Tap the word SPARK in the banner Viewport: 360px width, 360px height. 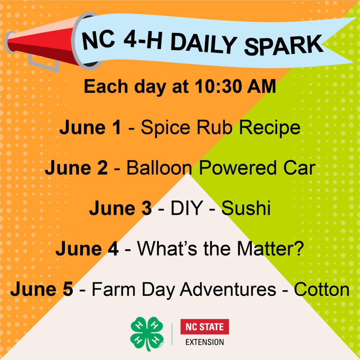[284, 46]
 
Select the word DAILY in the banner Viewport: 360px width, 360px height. [204, 44]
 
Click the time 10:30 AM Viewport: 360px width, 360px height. [235, 86]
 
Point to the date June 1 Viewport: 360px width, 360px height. [90, 127]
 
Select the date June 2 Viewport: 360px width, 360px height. [76, 168]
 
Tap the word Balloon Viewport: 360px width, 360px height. [159, 168]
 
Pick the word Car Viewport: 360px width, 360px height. [299, 168]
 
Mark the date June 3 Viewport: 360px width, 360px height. [121, 208]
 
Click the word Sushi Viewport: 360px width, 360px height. [246, 208]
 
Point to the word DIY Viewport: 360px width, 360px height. [187, 208]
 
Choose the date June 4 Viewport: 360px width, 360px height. [87, 249]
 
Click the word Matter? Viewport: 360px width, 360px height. [270, 249]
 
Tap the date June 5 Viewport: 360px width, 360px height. [42, 289]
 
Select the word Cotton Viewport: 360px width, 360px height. [322, 289]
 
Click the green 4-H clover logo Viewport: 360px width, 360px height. [147, 334]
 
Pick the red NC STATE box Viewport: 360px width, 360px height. [205, 327]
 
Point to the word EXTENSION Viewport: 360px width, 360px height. [205, 342]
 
